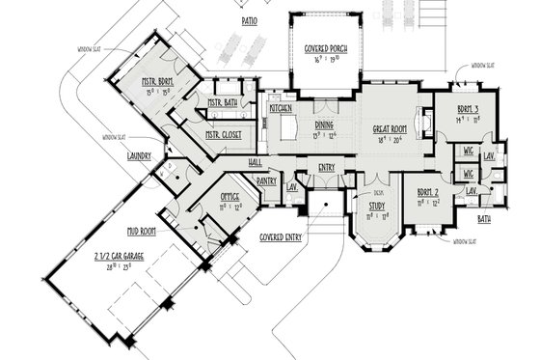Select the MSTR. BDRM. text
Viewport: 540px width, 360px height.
click(156, 83)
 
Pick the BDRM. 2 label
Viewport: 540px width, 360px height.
click(428, 193)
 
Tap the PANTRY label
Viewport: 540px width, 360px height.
click(267, 180)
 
